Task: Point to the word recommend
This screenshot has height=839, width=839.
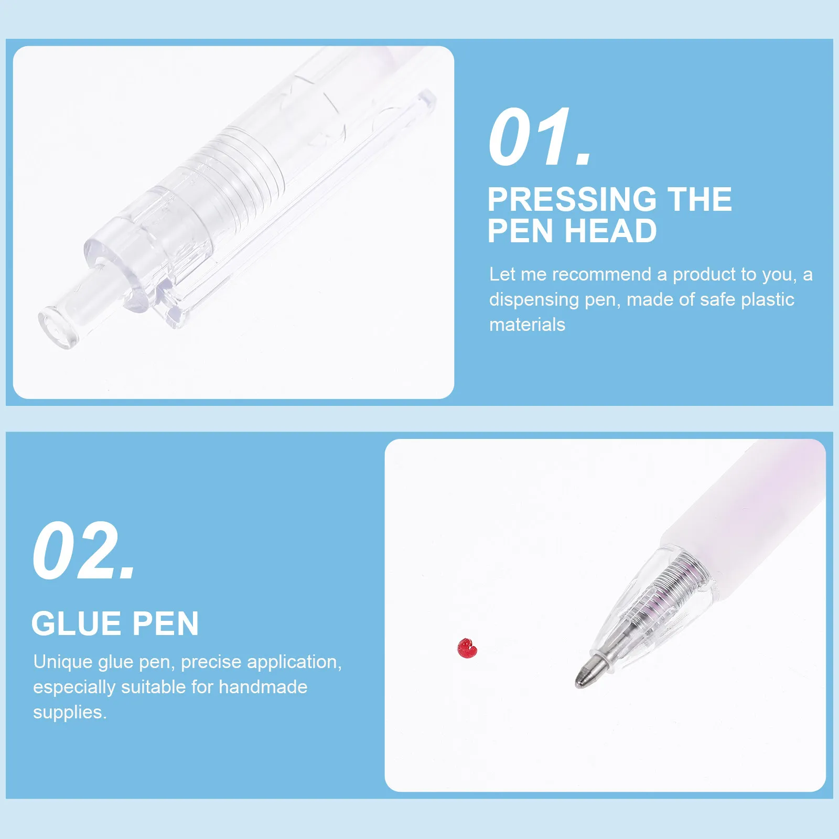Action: click(x=601, y=274)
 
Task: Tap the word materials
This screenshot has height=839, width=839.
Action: click(x=527, y=325)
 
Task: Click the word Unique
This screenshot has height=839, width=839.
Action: click(x=63, y=662)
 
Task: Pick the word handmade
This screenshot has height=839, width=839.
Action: click(x=263, y=687)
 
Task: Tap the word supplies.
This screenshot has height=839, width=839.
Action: click(x=69, y=712)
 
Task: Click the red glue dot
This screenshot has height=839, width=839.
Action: click(x=467, y=648)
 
